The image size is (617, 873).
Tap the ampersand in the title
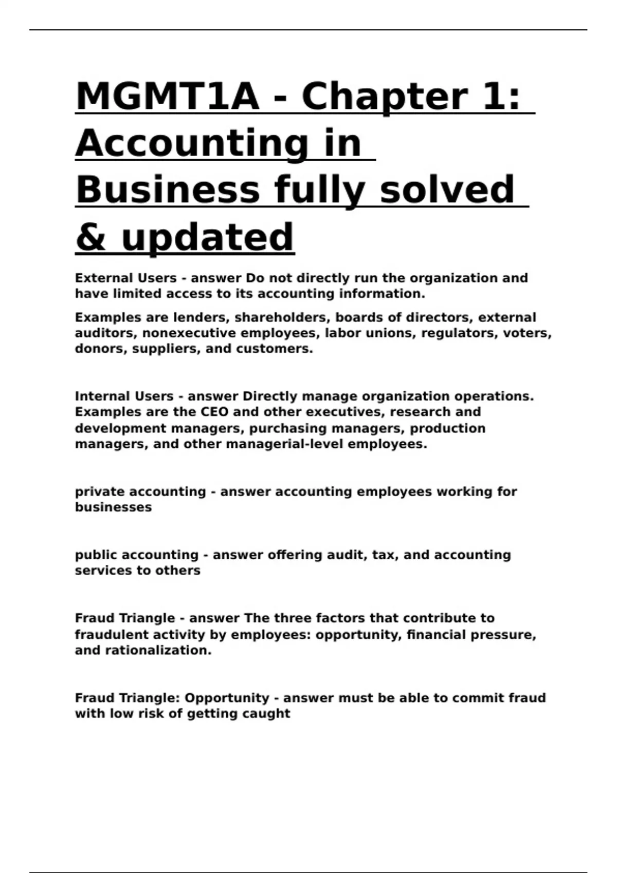point(90,237)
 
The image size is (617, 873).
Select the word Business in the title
point(168,190)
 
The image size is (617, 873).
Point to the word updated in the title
point(208,237)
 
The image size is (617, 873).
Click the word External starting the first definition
point(100,278)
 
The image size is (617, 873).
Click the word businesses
point(113,507)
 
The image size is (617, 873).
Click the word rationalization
point(158,650)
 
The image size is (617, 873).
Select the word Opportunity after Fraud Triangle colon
point(227,698)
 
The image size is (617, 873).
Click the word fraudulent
point(113,635)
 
